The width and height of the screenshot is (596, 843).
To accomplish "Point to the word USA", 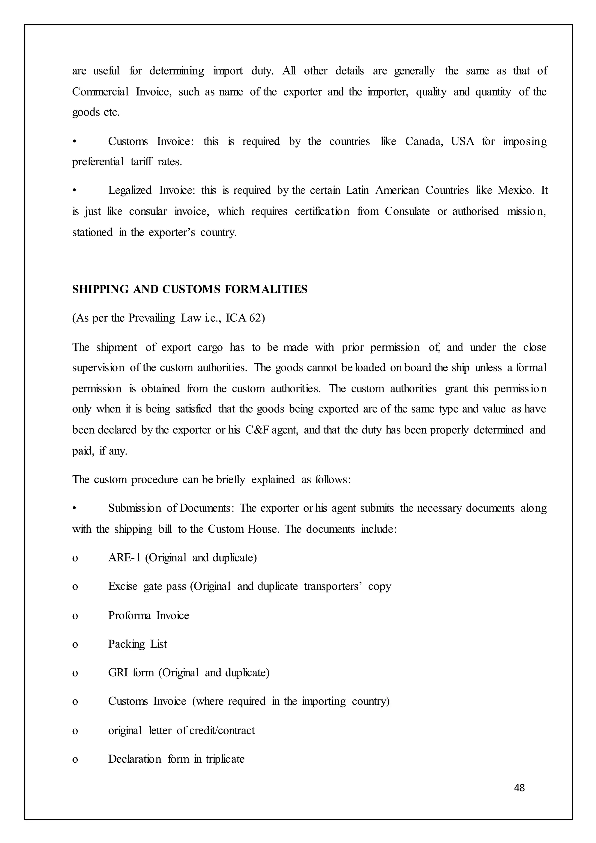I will (462, 141).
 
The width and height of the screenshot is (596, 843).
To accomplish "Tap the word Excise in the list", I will (123, 586).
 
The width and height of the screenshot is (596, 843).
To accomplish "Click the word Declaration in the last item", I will (134, 759).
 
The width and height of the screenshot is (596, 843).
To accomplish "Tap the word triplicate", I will (225, 759).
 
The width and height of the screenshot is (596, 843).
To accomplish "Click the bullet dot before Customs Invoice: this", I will (74, 142).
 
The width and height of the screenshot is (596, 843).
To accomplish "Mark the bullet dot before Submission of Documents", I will (74, 509).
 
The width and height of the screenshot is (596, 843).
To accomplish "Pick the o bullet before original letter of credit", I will (75, 731).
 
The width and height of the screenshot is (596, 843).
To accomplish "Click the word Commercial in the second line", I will (100, 92).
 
